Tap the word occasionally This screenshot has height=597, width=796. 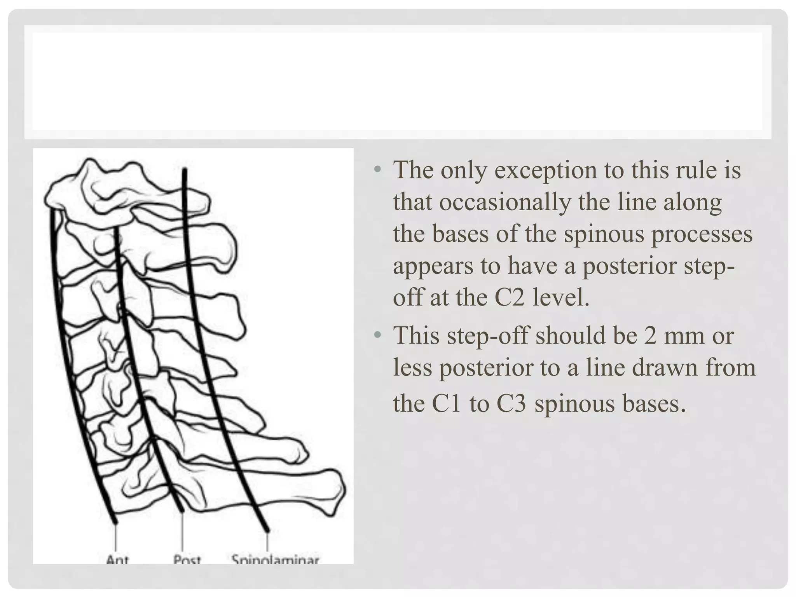point(505,202)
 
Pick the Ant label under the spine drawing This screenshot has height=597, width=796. point(117,559)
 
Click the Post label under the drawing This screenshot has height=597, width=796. point(187,559)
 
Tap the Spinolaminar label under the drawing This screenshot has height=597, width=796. point(275,559)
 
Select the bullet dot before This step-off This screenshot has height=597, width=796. point(376,335)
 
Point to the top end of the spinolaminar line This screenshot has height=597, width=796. point(185,169)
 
